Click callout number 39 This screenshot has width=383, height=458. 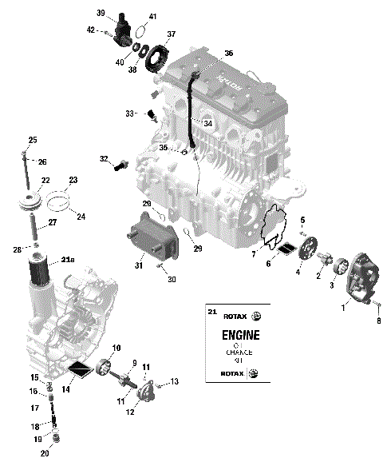coord(101,13)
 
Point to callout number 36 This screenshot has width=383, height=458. coord(228,53)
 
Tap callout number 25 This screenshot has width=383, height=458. coord(33,140)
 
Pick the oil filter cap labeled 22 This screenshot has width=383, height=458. coord(32,201)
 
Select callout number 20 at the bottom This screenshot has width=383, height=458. coord(45,453)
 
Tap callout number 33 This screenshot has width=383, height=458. coord(130,114)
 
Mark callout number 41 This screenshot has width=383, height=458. coord(152,17)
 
